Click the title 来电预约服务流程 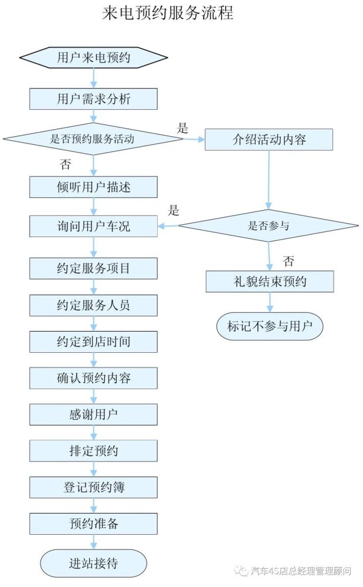(167, 13)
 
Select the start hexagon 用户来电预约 (94, 58)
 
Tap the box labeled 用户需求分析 (94, 99)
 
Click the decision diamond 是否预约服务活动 (93, 139)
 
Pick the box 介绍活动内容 (269, 140)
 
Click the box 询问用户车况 (94, 226)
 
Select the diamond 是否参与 (269, 225)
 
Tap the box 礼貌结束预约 (269, 282)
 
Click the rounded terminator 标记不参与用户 (269, 326)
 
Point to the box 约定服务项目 (94, 268)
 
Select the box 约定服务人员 (94, 305)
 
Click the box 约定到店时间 (94, 342)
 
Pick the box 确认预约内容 (94, 378)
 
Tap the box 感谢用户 (94, 414)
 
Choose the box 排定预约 (94, 451)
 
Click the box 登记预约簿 (94, 487)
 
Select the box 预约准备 (94, 524)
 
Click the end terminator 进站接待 (94, 564)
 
